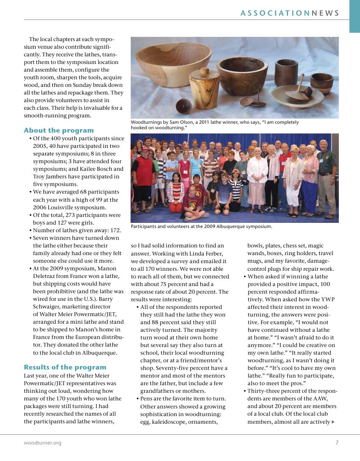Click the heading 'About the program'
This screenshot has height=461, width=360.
pos(59,131)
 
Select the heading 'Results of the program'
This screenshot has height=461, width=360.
pos(65,367)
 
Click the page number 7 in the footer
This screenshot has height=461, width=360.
pos(337,443)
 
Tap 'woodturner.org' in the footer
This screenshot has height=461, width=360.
pos(42,443)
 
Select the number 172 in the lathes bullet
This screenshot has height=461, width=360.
pos(115,230)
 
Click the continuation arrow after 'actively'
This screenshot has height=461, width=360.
pos(334,422)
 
